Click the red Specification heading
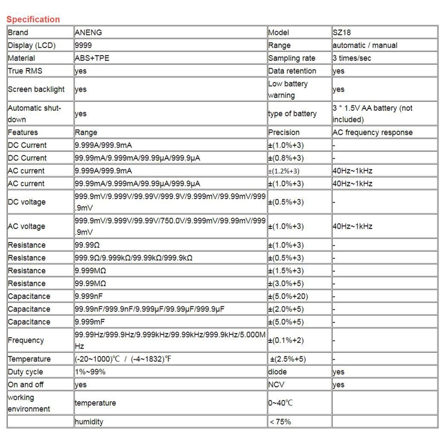(x=33, y=19)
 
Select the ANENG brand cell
(x=88, y=32)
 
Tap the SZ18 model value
(x=342, y=32)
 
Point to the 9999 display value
(x=83, y=45)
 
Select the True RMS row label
(x=25, y=71)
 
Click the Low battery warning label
(x=288, y=89)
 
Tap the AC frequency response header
(x=372, y=132)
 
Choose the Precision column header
(x=284, y=132)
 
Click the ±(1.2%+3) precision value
(x=284, y=171)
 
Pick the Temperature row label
(x=29, y=359)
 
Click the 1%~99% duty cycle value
(x=90, y=372)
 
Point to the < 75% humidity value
(x=280, y=422)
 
